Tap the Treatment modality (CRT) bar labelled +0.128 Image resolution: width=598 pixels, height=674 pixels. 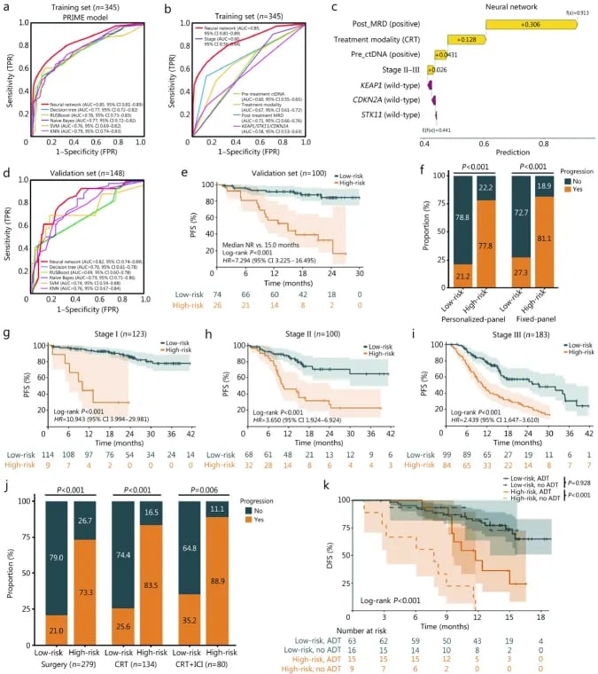468,39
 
